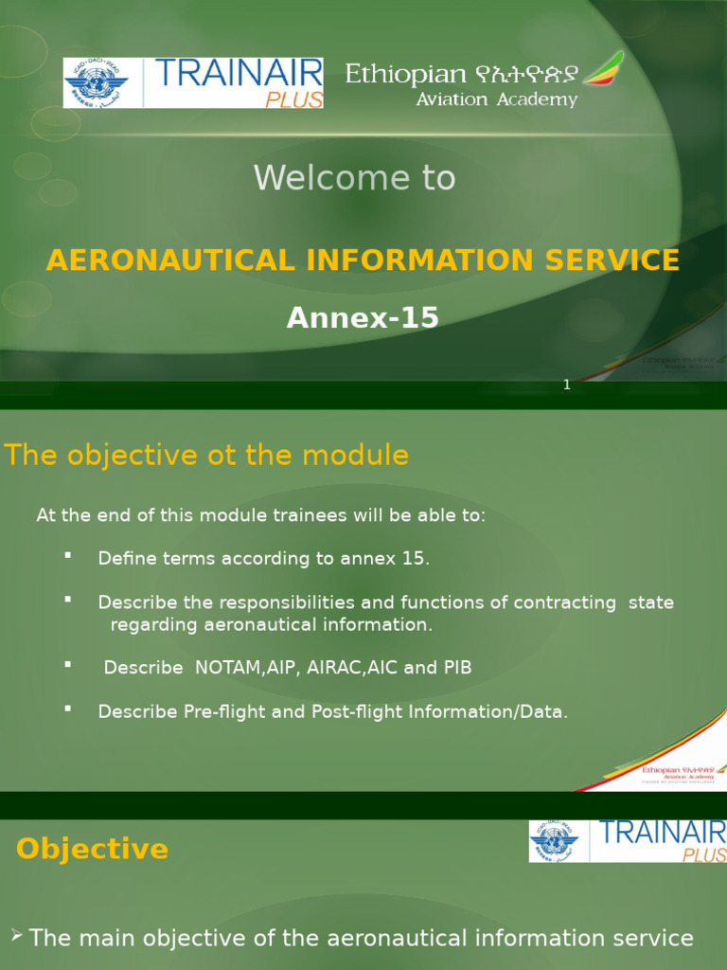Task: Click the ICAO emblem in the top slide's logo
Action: tap(95, 82)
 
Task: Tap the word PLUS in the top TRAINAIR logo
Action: tap(294, 99)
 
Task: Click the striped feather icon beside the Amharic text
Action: tap(603, 69)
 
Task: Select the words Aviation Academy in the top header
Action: tap(497, 100)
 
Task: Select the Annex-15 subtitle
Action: tap(363, 318)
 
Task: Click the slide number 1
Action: tap(566, 385)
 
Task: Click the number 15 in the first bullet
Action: tap(413, 559)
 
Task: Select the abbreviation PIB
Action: tap(457, 668)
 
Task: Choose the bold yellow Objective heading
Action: tap(92, 849)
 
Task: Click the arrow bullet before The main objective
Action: tap(16, 936)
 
